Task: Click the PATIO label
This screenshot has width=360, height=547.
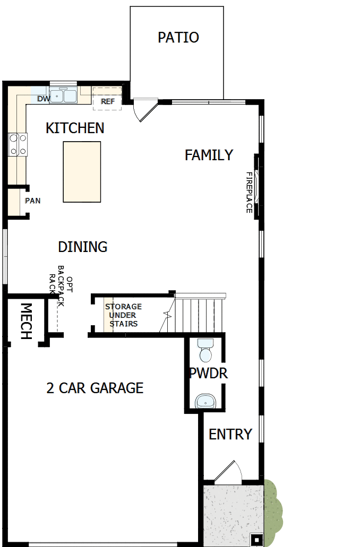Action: [x=178, y=38]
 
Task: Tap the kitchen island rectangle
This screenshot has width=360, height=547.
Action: [x=82, y=171]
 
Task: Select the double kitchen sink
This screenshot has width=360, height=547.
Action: [x=64, y=96]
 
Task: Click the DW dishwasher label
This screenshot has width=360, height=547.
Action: [x=44, y=99]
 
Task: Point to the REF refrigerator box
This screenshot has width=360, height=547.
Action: [x=107, y=101]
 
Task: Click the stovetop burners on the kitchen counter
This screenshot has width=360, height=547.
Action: [x=18, y=145]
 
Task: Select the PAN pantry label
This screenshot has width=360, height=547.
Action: [x=32, y=201]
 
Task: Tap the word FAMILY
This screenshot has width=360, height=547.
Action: [x=209, y=155]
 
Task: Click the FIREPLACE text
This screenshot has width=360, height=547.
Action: [x=248, y=192]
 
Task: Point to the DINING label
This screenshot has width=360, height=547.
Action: [x=82, y=247]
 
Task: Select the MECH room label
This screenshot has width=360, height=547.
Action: [x=25, y=322]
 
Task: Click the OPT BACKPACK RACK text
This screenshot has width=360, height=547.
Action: [x=60, y=286]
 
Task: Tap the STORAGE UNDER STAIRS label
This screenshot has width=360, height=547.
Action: [x=123, y=315]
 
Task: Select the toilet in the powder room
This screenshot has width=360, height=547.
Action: [x=205, y=351]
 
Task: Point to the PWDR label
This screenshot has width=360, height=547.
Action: [x=208, y=374]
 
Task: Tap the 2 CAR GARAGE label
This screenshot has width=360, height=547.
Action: [x=95, y=388]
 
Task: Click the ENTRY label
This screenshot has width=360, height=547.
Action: [x=230, y=434]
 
